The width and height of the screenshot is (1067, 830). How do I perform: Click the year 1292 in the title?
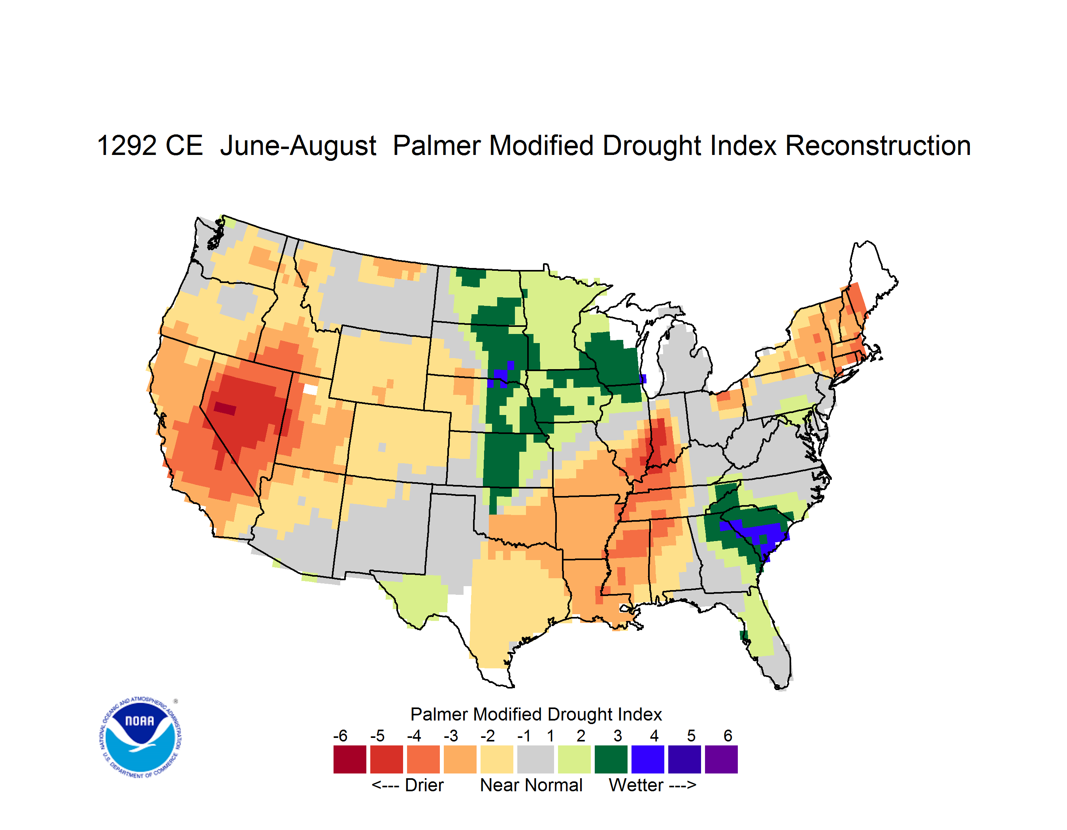coord(126,146)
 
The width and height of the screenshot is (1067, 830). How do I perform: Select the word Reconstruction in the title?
coord(878,146)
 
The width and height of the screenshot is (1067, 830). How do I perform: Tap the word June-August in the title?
coord(298,147)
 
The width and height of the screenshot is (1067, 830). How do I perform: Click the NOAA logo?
coord(140,737)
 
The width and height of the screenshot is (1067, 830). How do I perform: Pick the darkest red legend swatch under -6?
coord(350,759)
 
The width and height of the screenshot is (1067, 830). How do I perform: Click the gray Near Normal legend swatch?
coord(535,759)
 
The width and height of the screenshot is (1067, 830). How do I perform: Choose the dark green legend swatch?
coord(611,759)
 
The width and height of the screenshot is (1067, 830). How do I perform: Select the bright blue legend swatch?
coord(648,759)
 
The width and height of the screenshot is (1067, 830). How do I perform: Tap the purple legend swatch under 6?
coord(721,759)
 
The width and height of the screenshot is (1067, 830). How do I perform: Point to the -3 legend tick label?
coord(451,736)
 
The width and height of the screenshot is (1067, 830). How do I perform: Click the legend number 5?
coord(691,736)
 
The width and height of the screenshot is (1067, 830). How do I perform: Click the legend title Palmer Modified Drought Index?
coord(536,714)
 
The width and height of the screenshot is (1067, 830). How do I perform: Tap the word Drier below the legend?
coord(424,785)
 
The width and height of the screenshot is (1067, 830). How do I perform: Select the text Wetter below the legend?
coord(636,785)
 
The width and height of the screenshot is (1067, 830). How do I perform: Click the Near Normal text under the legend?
coord(531,785)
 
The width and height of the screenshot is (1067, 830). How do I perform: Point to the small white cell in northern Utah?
coord(310,389)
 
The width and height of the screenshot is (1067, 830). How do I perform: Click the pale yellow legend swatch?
coord(497,759)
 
